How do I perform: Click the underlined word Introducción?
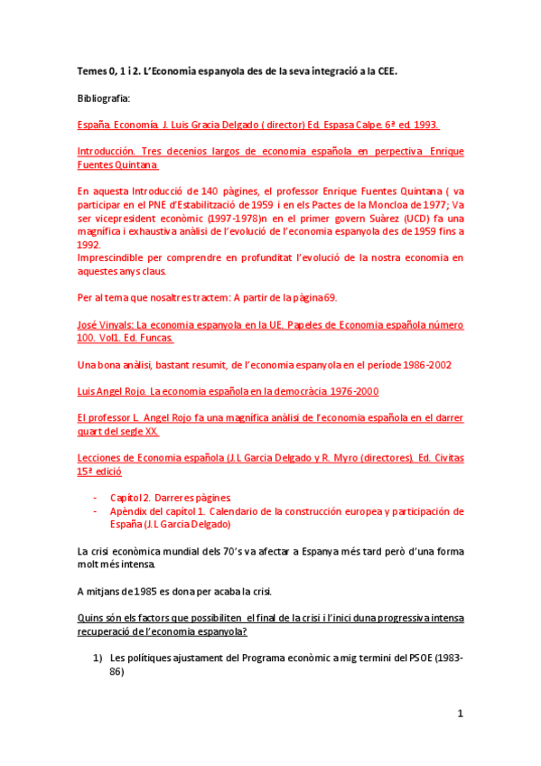(107, 153)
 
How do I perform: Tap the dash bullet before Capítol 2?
(97, 498)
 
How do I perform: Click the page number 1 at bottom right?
(460, 713)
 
